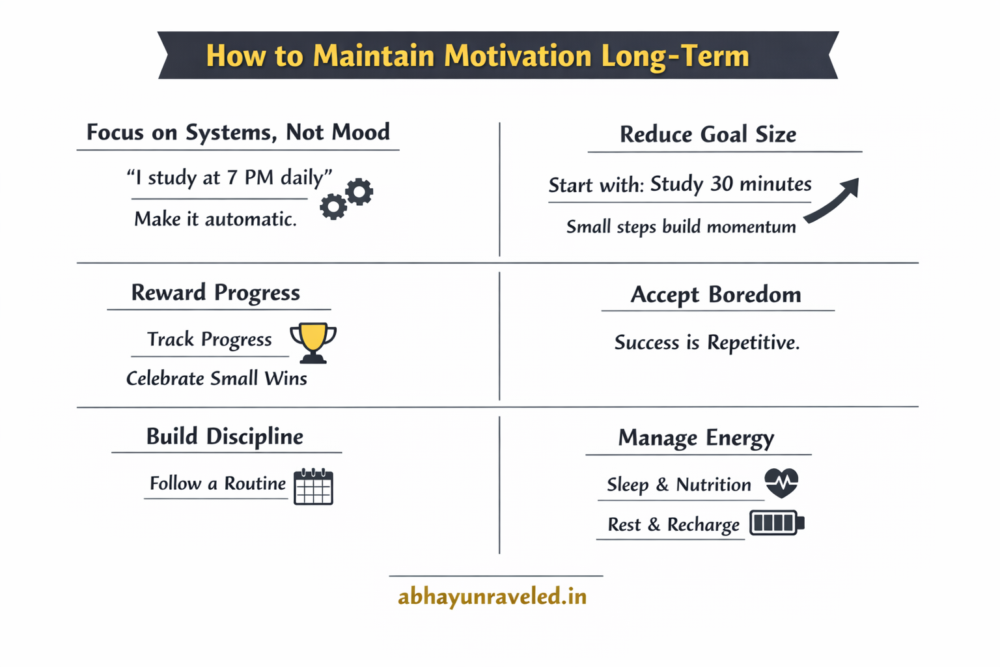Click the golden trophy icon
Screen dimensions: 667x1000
[x=313, y=341]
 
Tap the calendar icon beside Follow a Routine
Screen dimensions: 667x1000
[x=313, y=487]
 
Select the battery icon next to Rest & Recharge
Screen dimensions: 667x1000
[x=776, y=523]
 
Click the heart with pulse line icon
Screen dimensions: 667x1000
[x=781, y=483]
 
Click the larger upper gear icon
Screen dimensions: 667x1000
[x=359, y=192]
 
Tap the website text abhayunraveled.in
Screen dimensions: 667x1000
[x=492, y=596]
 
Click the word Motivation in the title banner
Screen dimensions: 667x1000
[x=518, y=56]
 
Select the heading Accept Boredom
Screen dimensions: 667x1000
[x=715, y=294]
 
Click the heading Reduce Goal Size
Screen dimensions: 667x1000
[x=708, y=134]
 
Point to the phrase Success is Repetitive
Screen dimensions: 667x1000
[x=707, y=343]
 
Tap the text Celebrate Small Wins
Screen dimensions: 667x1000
[x=216, y=378]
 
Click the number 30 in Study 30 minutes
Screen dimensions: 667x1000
[x=721, y=184]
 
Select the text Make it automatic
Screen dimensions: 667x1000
[x=215, y=220]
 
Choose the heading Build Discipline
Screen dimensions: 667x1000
[x=225, y=436]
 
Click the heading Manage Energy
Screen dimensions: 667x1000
[x=696, y=438]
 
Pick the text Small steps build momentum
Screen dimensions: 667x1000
[x=681, y=227]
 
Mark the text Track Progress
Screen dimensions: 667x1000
[x=209, y=339]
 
